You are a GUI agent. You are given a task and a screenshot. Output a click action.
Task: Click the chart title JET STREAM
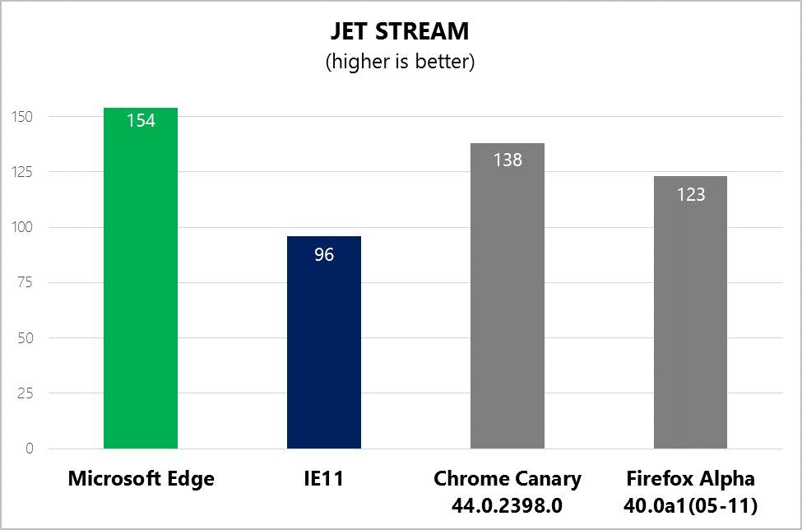point(400,31)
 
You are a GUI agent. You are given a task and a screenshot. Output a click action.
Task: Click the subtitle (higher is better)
point(400,62)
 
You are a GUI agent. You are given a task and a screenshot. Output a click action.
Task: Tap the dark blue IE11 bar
point(324,346)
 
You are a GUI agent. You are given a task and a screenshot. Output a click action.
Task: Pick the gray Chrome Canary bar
point(508,305)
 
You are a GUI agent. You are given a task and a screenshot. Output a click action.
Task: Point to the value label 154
point(141,121)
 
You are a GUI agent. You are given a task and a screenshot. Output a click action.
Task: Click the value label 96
point(324,255)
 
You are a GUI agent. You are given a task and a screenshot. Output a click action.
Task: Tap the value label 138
point(508,160)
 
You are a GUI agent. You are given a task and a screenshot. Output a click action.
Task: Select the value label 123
point(690,194)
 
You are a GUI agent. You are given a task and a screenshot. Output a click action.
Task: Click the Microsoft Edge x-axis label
point(141,479)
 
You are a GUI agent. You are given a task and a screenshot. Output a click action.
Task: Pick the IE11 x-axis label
point(324,479)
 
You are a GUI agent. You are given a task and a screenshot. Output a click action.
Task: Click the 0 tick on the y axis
point(29,449)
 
